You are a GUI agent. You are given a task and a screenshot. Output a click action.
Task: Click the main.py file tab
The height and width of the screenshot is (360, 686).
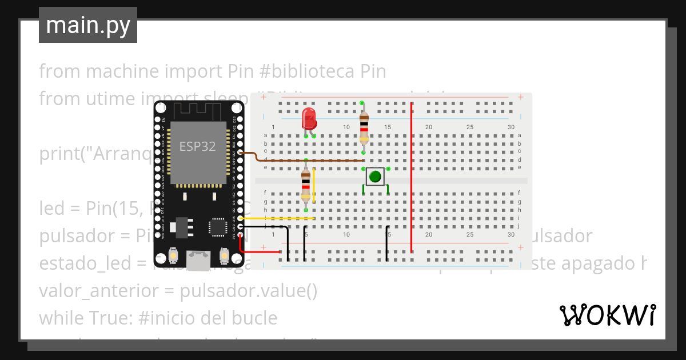point(88,25)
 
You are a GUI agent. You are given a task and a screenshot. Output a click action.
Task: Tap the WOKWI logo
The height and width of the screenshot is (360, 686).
point(607,315)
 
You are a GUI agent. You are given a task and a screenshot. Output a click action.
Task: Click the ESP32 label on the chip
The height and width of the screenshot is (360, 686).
point(198,146)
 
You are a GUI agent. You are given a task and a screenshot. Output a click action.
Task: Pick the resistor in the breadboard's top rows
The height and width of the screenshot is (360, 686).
point(364,128)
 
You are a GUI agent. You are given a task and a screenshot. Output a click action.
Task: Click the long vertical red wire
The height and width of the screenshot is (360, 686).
point(412,177)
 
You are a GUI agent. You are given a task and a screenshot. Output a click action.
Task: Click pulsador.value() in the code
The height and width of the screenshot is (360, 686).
point(248,291)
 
